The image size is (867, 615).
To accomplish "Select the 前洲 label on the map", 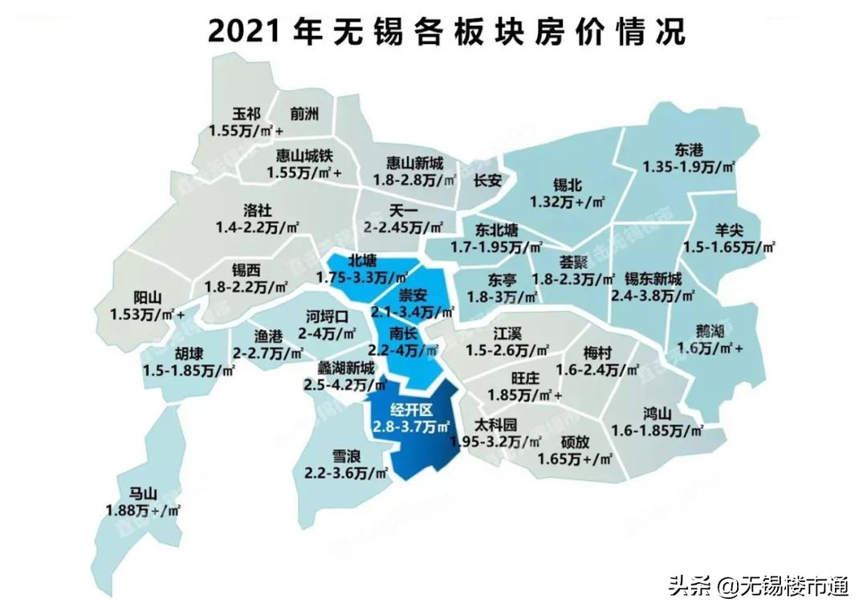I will [x=305, y=114].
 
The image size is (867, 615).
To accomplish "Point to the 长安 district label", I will [x=487, y=181].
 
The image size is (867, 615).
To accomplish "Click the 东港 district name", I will [x=689, y=150].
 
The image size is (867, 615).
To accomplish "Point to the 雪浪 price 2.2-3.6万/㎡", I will [x=347, y=474].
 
